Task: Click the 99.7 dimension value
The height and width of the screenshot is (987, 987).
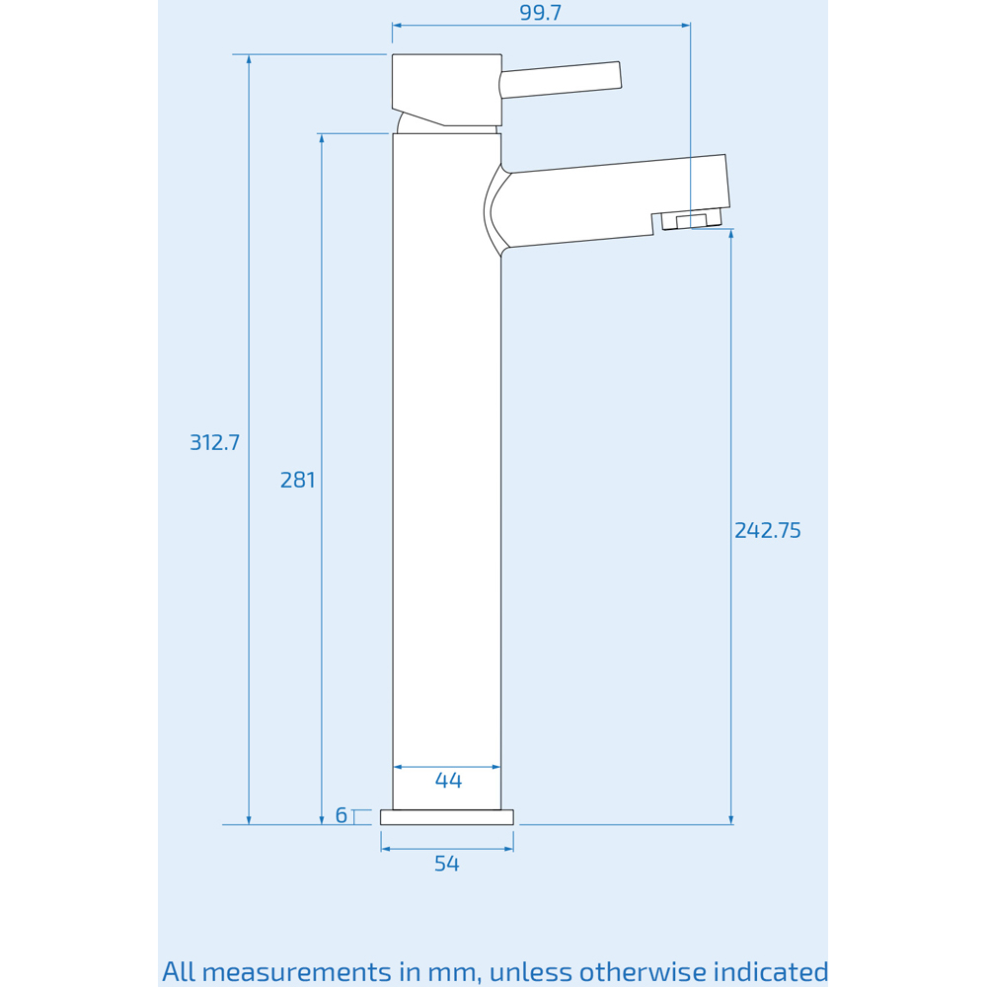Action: point(541,13)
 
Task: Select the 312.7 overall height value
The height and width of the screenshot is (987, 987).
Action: point(215,442)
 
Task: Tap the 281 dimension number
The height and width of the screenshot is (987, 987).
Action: point(298,480)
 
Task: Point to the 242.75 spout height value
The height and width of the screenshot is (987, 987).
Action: point(768,530)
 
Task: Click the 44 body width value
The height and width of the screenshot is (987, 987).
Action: point(448,781)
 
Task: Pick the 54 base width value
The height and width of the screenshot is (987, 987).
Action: point(447,864)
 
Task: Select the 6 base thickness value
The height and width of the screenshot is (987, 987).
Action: point(342,815)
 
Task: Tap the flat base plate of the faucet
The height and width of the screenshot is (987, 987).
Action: point(447,817)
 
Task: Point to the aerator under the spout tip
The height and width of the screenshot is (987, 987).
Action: point(691,220)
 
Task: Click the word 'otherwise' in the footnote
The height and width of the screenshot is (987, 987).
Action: point(628,971)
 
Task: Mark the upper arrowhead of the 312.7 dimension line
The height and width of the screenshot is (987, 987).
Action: point(249,59)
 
